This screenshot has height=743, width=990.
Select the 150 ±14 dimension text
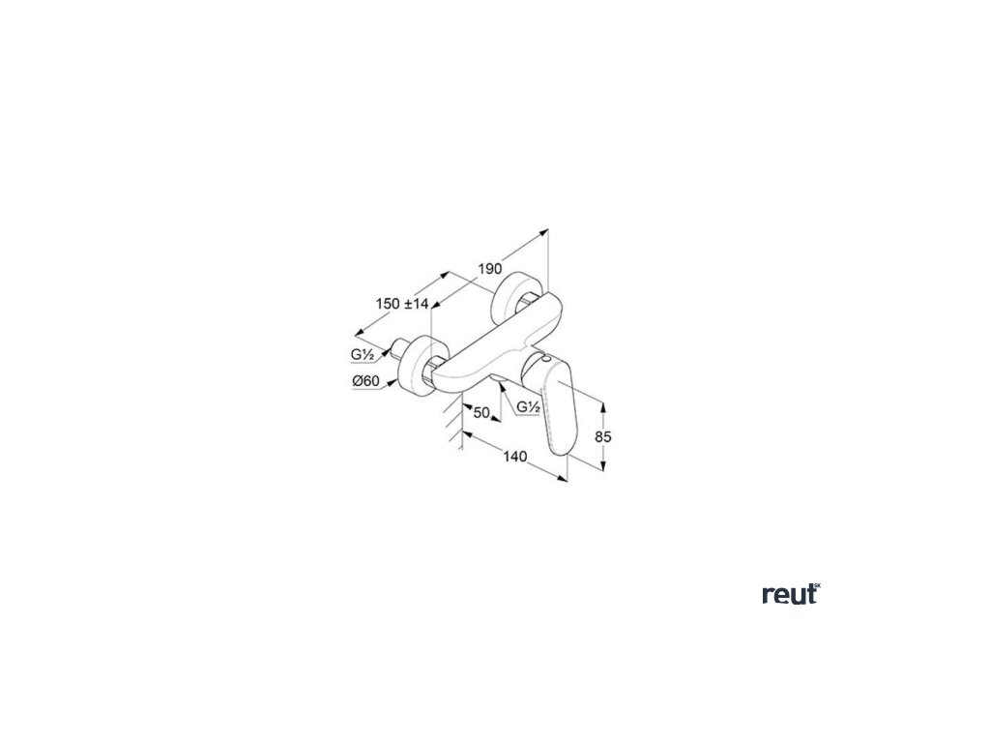coord(401,304)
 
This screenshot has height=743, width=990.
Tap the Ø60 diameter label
coord(365,381)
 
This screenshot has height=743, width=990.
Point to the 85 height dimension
coord(603,436)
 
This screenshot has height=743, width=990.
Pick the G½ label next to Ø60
coord(364,355)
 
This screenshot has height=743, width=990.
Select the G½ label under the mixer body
coord(528,407)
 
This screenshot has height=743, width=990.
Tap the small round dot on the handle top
coord(548,362)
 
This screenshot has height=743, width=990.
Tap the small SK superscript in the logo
coord(816,586)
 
